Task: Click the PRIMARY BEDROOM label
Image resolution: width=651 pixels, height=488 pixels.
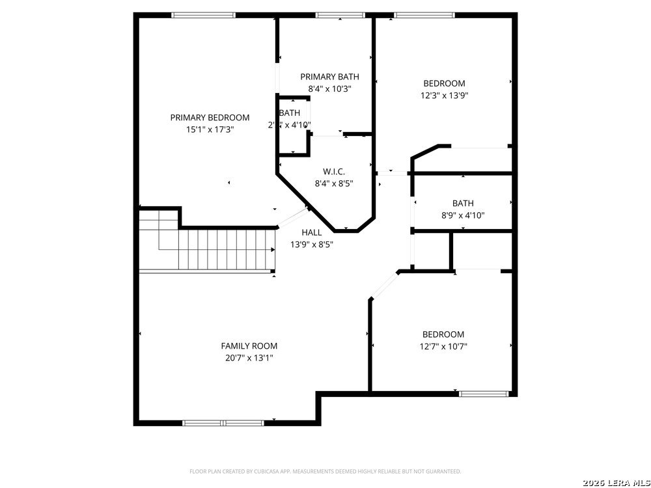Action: point(210,118)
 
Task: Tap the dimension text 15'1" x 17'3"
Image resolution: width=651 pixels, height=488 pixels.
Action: point(210,129)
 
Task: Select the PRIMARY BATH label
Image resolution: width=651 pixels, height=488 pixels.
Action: point(329,77)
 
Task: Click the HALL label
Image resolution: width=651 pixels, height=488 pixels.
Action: point(311,232)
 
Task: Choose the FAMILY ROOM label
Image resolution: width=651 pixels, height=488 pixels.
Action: point(249,346)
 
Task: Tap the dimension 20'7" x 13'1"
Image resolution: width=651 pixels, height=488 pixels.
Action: point(249,358)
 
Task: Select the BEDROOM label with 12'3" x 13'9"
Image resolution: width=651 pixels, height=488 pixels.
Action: point(444,83)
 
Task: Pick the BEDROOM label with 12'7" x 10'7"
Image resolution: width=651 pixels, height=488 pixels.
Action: point(443,334)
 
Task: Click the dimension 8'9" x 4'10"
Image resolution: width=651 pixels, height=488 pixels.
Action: point(463,215)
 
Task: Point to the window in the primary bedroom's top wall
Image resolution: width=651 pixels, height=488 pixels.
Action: point(203,15)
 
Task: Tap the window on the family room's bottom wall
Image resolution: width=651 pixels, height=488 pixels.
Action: point(223,423)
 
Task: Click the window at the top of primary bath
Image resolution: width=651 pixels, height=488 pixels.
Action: point(339,15)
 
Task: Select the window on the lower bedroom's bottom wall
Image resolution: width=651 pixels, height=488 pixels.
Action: point(484,394)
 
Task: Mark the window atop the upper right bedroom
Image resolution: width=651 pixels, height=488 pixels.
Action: point(424,15)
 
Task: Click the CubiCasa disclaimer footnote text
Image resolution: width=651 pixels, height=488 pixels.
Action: point(325,471)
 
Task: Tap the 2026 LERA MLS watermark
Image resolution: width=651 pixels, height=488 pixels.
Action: point(615,482)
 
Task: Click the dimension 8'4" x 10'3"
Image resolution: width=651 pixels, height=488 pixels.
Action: point(329,89)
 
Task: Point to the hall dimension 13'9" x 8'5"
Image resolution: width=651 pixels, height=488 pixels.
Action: point(311,245)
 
